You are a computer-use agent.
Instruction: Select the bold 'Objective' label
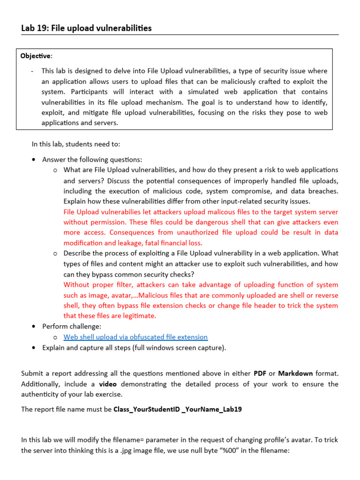[x=36, y=56]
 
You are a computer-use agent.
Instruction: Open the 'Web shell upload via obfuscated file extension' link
[x=135, y=337]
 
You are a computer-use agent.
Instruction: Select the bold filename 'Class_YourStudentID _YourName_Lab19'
[x=178, y=409]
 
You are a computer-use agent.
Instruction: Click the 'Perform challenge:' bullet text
[x=72, y=326]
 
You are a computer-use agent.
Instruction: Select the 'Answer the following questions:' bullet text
[x=92, y=159]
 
